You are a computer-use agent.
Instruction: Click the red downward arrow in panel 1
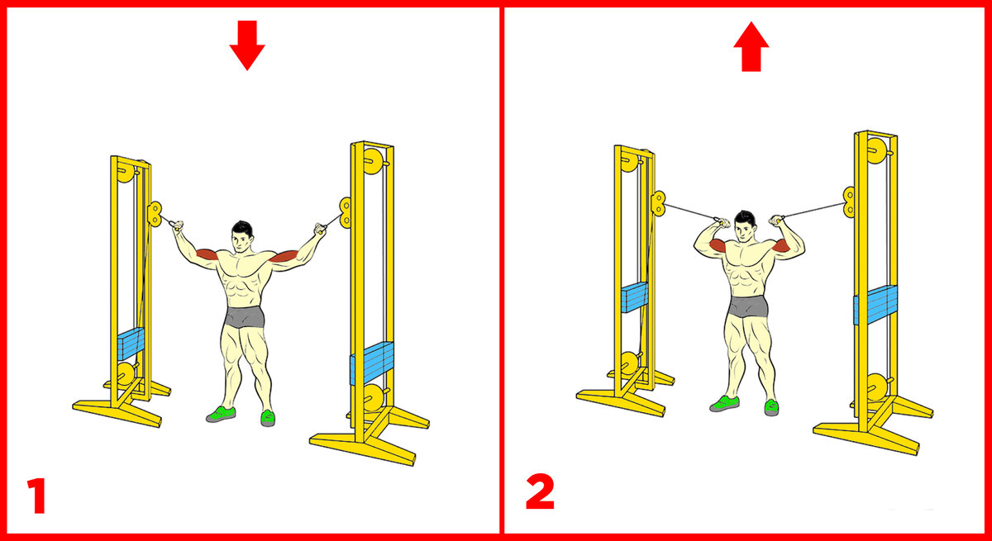(x=247, y=45)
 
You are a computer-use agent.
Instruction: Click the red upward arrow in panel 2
(x=751, y=47)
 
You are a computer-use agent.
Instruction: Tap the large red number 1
(x=37, y=496)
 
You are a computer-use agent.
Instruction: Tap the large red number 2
(x=540, y=492)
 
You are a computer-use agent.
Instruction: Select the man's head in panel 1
(x=241, y=236)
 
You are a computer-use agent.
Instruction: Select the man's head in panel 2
(x=745, y=226)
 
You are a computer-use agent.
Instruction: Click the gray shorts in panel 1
(x=245, y=316)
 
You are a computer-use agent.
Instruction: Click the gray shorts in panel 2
(x=748, y=306)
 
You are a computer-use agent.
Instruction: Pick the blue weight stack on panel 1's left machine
(x=131, y=344)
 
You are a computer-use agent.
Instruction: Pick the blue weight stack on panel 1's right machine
(x=372, y=363)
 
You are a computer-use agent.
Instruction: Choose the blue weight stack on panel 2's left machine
(x=634, y=297)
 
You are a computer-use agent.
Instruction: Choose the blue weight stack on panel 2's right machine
(x=875, y=305)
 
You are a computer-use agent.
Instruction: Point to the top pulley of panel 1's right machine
(x=374, y=161)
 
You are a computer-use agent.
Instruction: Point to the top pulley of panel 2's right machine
(x=877, y=151)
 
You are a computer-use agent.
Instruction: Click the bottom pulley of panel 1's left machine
(x=126, y=374)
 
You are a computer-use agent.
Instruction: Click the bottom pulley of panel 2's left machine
(x=629, y=363)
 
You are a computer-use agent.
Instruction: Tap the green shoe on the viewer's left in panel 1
(x=221, y=414)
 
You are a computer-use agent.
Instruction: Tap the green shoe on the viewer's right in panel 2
(x=771, y=407)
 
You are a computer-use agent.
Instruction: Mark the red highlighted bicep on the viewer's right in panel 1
(x=284, y=257)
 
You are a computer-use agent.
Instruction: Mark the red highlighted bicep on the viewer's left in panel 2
(x=718, y=245)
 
